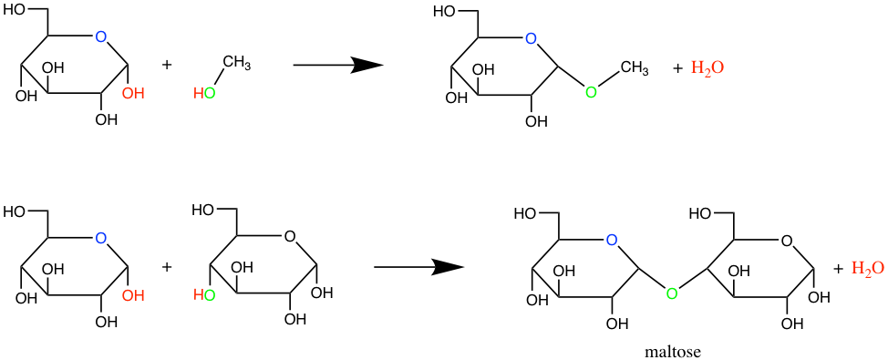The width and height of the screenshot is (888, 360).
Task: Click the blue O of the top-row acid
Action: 101,37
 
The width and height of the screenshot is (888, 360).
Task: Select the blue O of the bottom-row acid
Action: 101,239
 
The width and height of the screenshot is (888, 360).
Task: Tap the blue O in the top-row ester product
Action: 531,39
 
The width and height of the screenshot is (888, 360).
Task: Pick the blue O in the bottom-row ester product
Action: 612,241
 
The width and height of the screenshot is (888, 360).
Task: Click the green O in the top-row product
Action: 591,93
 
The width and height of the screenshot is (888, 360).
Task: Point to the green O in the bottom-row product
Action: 672,294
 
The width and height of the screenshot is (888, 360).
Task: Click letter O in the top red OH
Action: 128,94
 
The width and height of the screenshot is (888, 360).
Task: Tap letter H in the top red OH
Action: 139,94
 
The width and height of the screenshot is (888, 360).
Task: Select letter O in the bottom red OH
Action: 128,296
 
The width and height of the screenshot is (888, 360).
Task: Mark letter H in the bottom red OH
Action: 139,296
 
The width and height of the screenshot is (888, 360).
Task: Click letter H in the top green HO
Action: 199,94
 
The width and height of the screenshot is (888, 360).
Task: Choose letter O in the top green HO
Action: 210,94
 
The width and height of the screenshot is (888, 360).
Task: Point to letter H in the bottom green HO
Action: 199,295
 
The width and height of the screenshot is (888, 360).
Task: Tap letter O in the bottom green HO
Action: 210,295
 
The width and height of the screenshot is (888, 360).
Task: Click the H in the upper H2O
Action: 697,67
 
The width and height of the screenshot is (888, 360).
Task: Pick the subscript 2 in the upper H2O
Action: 707,72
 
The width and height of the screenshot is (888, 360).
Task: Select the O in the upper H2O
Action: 718,67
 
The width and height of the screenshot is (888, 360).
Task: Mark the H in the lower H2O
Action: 857,268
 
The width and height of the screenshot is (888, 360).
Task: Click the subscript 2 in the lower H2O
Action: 867,273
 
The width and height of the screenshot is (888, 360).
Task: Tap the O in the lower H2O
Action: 878,268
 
